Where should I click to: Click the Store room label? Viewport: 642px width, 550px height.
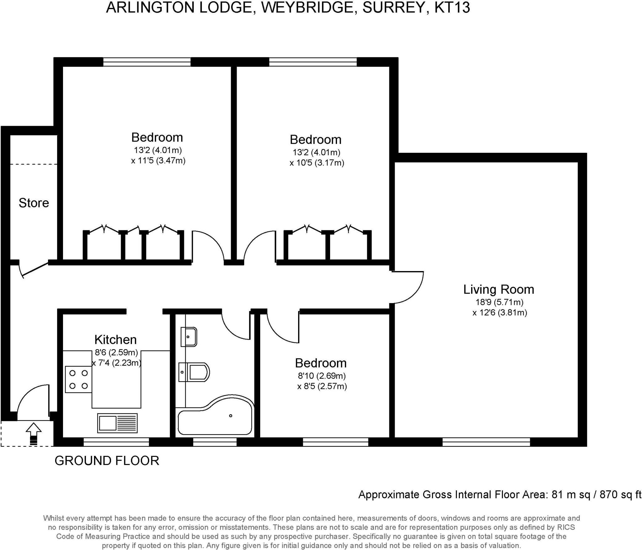point(34,203)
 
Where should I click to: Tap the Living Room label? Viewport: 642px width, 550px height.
point(498,289)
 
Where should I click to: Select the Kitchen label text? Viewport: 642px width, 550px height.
point(115,339)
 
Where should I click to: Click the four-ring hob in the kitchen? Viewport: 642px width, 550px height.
point(78,380)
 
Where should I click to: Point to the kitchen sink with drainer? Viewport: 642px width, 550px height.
point(117,423)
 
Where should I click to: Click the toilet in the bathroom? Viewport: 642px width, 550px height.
point(194,372)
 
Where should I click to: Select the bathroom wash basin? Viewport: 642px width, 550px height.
point(189,337)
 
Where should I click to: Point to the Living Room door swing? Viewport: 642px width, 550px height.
point(408,287)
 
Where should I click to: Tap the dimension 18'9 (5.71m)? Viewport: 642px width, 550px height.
point(499,302)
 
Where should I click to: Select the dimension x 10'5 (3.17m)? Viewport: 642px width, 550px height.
point(317,163)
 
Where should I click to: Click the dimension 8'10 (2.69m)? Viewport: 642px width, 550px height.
point(322,376)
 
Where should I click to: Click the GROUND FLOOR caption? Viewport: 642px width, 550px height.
point(107,461)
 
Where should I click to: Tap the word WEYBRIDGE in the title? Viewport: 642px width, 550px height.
point(308,8)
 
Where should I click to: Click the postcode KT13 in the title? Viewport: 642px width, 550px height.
point(452,8)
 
